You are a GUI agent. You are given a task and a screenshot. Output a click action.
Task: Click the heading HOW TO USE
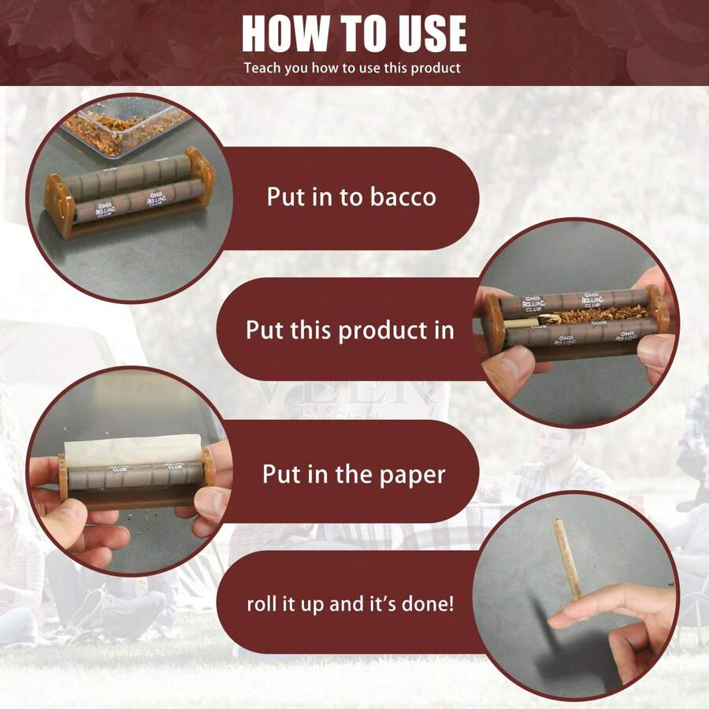coord(354,33)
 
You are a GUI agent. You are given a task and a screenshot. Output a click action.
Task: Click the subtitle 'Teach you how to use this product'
coord(352,68)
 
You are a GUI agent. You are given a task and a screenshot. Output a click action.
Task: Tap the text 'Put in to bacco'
coord(351,196)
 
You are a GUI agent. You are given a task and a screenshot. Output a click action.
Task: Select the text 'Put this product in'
coord(350,329)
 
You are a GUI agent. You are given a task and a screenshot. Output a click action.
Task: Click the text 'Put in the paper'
coord(354,474)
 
